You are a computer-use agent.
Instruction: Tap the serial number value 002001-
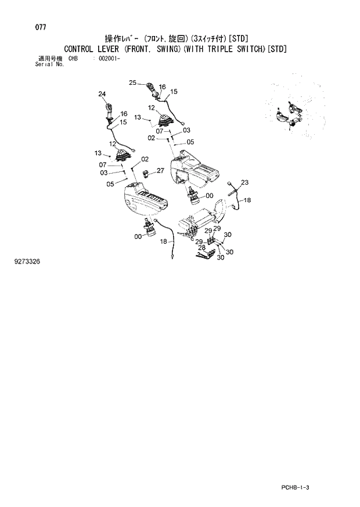(109, 59)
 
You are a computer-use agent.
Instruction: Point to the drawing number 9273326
(27, 262)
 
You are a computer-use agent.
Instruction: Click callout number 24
(102, 94)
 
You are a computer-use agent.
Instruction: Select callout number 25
(132, 83)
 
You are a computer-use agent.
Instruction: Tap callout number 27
(160, 170)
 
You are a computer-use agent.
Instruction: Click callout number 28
(202, 248)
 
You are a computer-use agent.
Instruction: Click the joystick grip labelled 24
(110, 109)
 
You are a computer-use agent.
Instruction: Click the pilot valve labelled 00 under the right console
(194, 197)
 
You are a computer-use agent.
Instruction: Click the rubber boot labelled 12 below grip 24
(121, 154)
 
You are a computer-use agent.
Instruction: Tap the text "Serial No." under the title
(49, 64)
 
